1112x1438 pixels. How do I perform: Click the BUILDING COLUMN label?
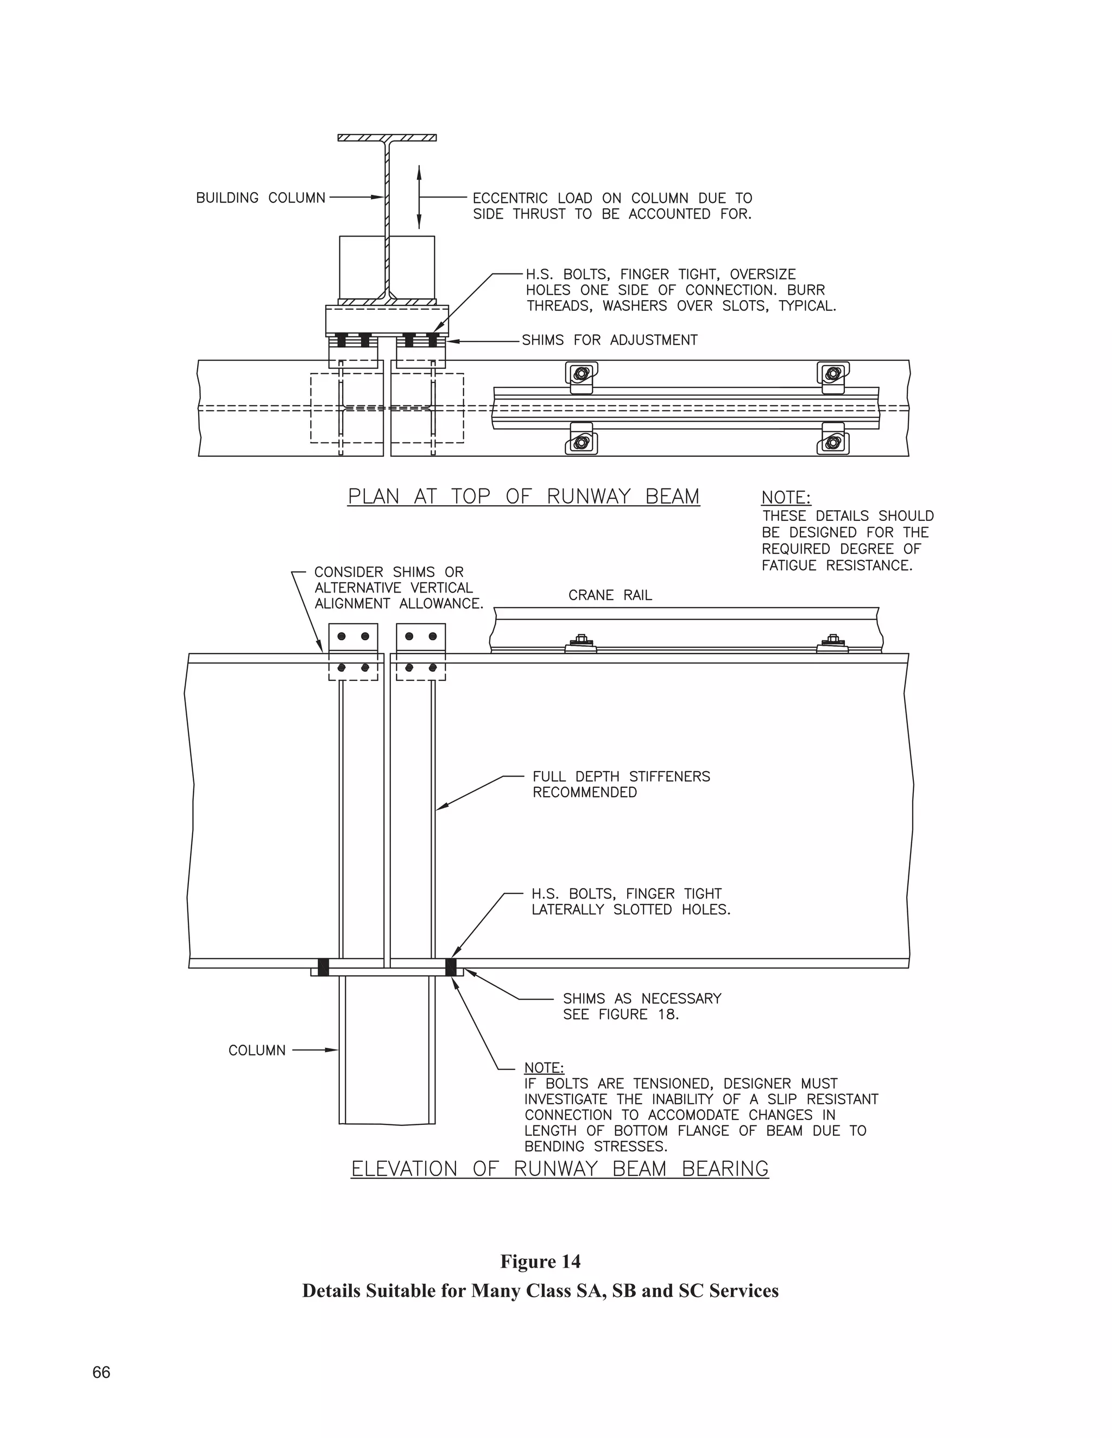point(260,198)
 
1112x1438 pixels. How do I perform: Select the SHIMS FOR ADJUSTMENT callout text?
point(609,340)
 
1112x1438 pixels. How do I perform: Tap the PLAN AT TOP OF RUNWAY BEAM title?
point(524,497)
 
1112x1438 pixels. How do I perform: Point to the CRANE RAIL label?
point(610,595)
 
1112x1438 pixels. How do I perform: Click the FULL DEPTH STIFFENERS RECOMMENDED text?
point(621,784)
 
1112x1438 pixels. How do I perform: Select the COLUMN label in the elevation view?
point(257,1050)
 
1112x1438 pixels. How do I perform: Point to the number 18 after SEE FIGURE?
point(667,1014)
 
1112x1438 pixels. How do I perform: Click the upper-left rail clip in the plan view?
point(581,374)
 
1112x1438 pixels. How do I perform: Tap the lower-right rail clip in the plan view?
point(833,442)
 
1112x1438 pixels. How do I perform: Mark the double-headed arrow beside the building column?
point(419,197)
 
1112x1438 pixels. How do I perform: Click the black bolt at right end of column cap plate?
point(451,967)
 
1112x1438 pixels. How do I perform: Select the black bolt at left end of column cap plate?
point(324,967)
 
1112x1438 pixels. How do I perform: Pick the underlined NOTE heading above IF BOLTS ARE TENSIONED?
point(544,1067)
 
